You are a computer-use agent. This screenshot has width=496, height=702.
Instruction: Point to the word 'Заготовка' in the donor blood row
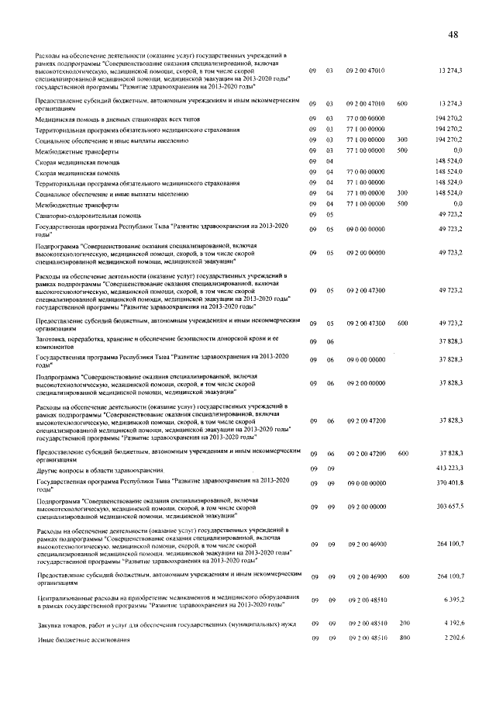click(51, 339)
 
